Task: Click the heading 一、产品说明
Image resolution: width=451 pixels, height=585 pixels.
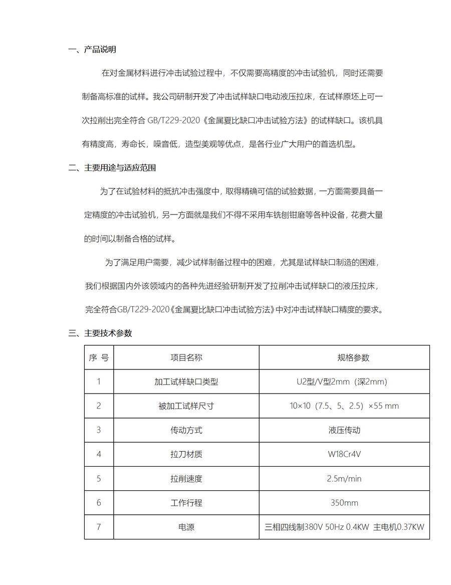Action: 92,49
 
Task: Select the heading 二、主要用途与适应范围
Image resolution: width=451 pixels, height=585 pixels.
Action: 112,168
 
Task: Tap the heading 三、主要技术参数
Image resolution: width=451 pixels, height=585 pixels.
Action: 100,333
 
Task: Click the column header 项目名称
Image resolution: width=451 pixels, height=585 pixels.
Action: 186,357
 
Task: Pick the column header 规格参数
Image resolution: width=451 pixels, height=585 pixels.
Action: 344,357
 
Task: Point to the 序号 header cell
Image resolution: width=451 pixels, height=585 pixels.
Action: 99,357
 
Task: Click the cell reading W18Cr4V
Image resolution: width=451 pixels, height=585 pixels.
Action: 344,454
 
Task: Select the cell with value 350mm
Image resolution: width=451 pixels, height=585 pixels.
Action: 344,503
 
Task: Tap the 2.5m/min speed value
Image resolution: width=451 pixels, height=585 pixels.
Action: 344,479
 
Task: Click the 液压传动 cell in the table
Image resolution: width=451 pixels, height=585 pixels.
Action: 344,430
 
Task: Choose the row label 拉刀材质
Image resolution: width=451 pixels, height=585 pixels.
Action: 186,454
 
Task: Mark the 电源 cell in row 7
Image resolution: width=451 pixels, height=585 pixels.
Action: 186,527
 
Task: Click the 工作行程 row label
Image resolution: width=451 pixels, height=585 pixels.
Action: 186,503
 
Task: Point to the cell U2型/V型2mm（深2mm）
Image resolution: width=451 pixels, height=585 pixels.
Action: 344,382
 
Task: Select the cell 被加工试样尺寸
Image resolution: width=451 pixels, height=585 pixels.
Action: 186,406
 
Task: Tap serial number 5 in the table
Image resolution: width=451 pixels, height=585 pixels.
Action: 99,479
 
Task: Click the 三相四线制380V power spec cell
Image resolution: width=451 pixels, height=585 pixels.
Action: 344,527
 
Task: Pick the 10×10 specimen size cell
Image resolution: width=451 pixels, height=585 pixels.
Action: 344,406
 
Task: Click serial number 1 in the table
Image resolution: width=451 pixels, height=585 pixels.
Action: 99,382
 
